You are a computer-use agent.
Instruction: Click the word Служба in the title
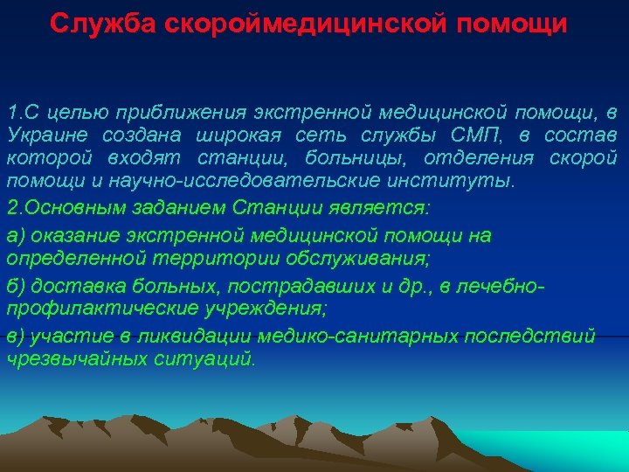click(95, 23)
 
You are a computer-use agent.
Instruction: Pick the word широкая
click(232, 135)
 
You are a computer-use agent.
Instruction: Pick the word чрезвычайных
click(65, 359)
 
